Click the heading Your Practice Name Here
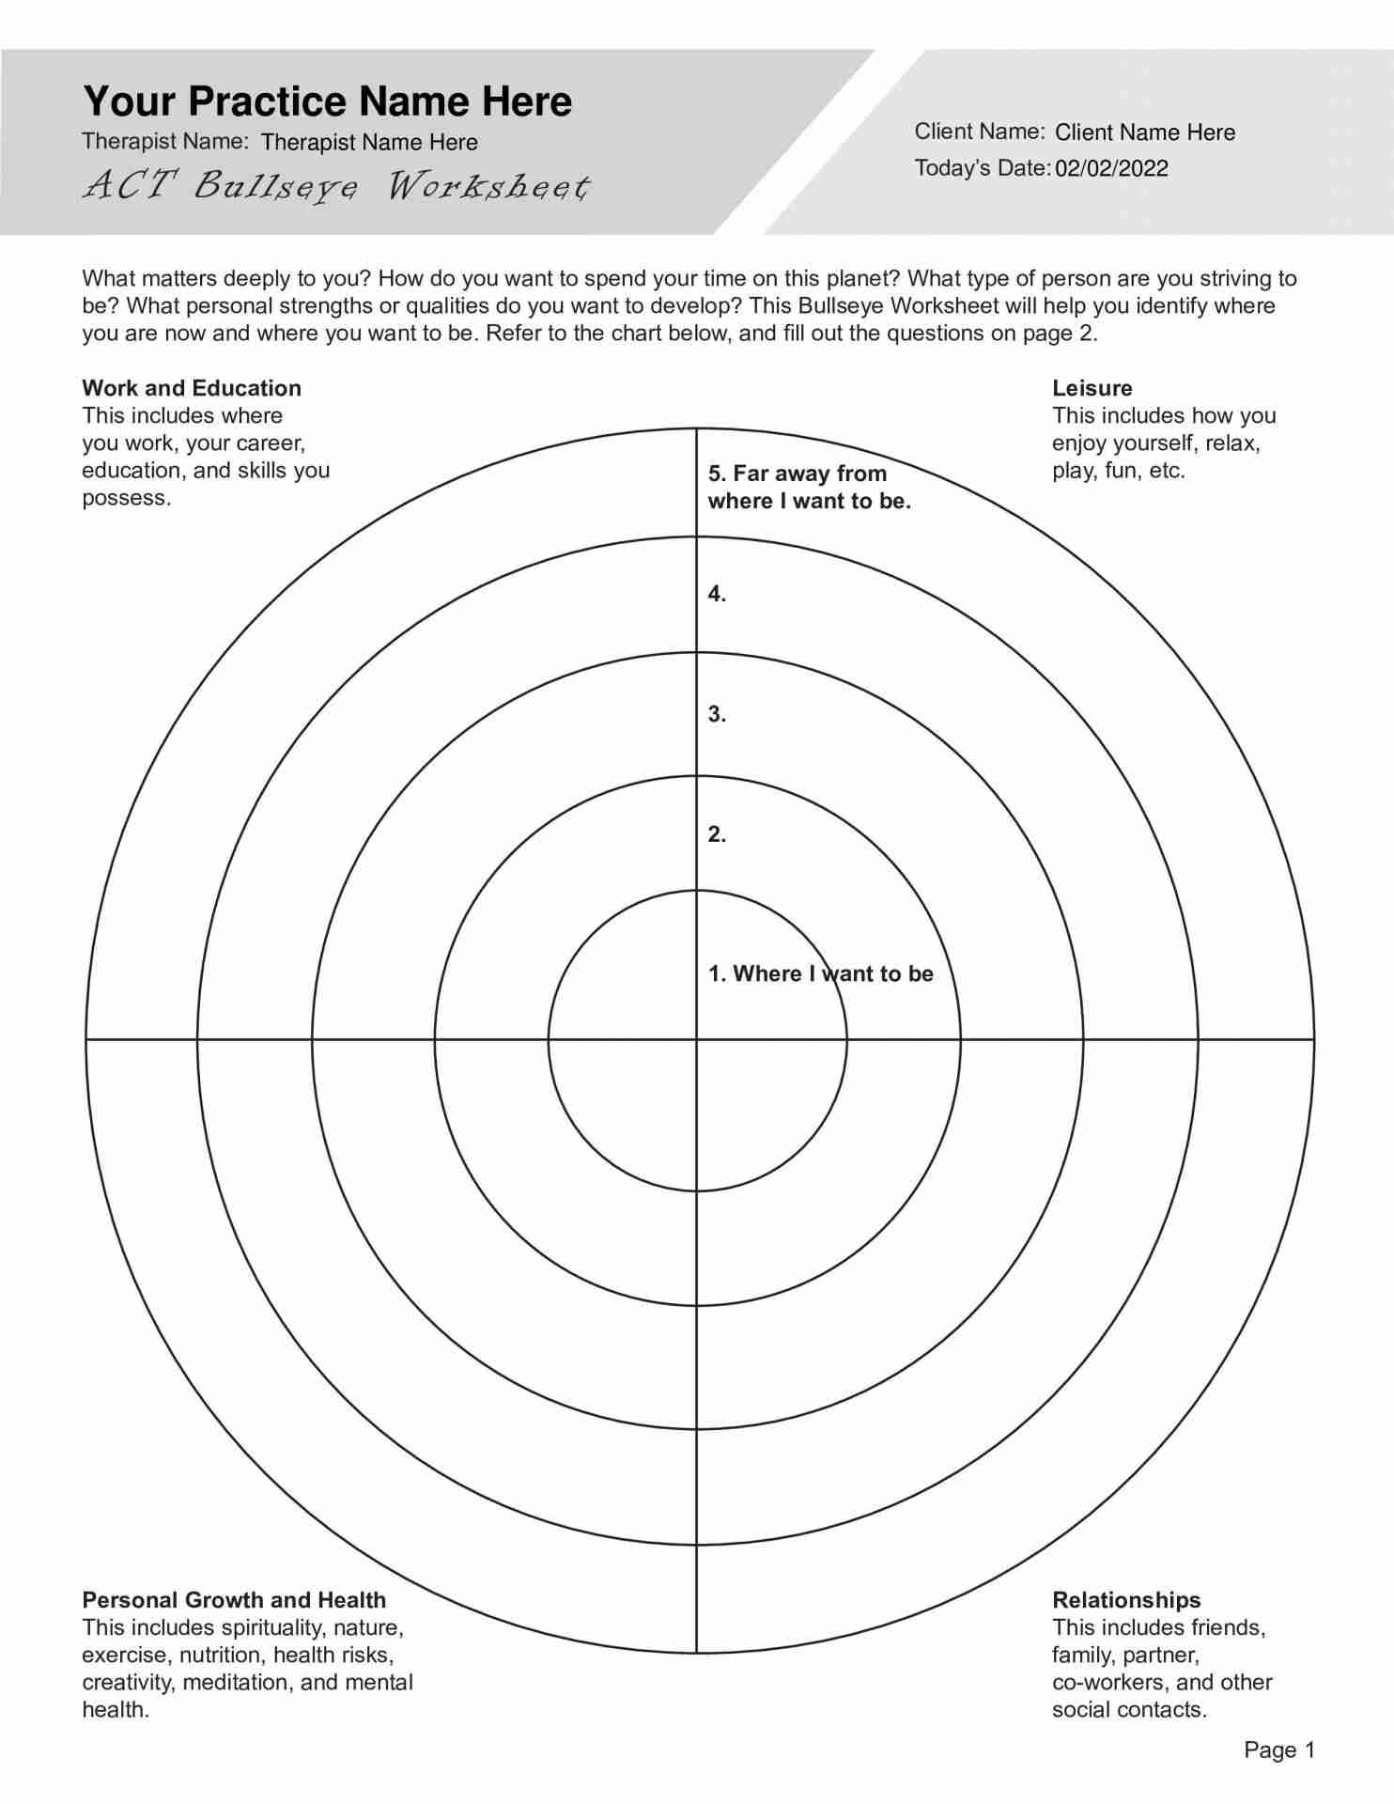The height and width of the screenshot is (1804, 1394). click(x=327, y=101)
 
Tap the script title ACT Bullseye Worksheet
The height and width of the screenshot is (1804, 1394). click(x=335, y=186)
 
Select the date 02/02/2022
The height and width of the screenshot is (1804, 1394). click(x=1111, y=168)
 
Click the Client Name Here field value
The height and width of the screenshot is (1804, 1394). click(x=1145, y=132)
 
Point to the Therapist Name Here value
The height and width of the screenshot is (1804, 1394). click(x=369, y=143)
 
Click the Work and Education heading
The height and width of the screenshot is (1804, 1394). click(x=192, y=388)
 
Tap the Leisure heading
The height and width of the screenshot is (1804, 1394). click(x=1092, y=388)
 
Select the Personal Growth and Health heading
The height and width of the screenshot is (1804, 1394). click(x=234, y=1600)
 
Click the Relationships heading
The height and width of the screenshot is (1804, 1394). click(x=1126, y=1600)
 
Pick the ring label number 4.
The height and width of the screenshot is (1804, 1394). click(x=717, y=594)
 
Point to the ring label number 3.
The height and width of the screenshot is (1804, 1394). click(x=717, y=714)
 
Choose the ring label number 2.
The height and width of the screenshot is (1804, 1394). click(x=717, y=834)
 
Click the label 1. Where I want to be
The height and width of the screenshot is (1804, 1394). click(x=820, y=973)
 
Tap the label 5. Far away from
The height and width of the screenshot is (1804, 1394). click(x=797, y=474)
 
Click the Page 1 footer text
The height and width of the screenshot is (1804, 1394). click(x=1279, y=1750)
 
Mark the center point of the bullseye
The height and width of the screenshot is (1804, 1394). click(x=696, y=1039)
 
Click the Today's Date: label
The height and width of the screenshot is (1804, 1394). click(x=982, y=168)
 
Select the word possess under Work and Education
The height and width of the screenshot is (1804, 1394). click(x=126, y=498)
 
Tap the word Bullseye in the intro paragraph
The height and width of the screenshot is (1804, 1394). click(x=840, y=306)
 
